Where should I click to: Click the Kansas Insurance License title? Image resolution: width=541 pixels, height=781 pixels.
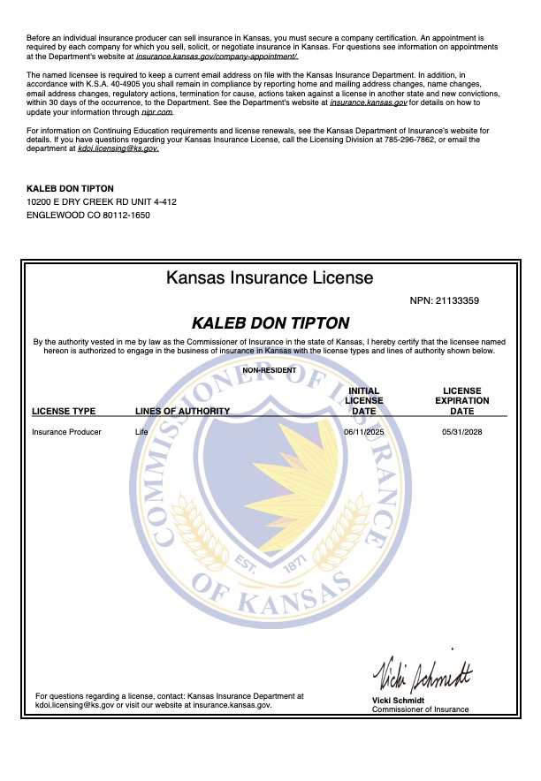pyautogui.click(x=270, y=277)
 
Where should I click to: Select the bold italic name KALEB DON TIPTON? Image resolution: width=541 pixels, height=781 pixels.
pyautogui.click(x=270, y=323)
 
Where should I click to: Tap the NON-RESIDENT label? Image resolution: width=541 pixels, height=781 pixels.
pyautogui.click(x=270, y=370)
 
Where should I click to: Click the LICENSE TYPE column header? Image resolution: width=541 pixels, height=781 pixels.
pyautogui.click(x=64, y=411)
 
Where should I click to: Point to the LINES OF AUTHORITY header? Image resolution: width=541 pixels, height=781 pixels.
pyautogui.click(x=182, y=411)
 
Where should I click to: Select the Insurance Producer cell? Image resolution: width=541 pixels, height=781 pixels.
pyautogui.click(x=66, y=432)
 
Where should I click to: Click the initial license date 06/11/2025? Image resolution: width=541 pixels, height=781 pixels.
pyautogui.click(x=363, y=432)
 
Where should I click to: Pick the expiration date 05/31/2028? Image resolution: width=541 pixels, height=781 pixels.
pyautogui.click(x=461, y=432)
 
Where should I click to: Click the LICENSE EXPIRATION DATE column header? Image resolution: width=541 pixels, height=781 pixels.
pyautogui.click(x=461, y=400)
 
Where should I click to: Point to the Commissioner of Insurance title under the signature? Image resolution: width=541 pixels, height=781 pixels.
pyautogui.click(x=420, y=709)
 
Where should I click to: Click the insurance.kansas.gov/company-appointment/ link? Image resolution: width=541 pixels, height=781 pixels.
pyautogui.click(x=217, y=56)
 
